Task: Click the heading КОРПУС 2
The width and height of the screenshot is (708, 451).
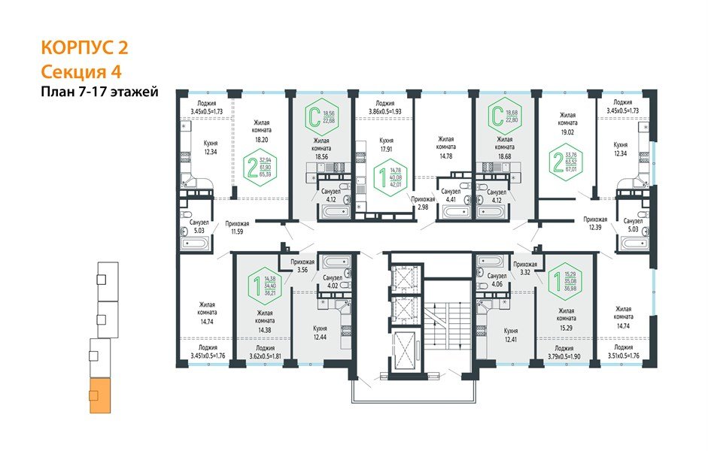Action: (83, 49)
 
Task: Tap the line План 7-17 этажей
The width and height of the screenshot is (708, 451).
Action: (99, 92)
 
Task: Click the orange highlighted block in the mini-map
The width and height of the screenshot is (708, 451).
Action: (99, 396)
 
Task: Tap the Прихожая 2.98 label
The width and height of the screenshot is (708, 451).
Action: (424, 202)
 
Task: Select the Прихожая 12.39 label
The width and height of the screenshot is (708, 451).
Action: (595, 223)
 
